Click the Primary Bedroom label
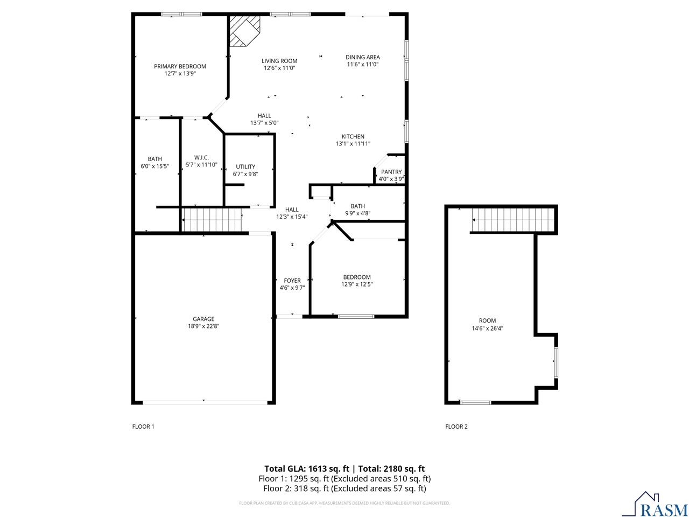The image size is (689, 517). pyautogui.click(x=180, y=66)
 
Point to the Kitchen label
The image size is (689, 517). pyautogui.click(x=353, y=136)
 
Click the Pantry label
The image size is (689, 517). pyautogui.click(x=391, y=172)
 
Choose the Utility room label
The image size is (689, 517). pyautogui.click(x=245, y=166)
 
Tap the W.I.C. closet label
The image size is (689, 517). pyautogui.click(x=201, y=157)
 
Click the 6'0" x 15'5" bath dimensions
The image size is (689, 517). pyautogui.click(x=155, y=166)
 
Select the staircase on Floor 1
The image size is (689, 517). pyautogui.click(x=212, y=220)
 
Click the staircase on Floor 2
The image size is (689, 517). pyautogui.click(x=512, y=219)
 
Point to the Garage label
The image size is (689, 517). pyautogui.click(x=203, y=319)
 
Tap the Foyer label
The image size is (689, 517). pyautogui.click(x=292, y=281)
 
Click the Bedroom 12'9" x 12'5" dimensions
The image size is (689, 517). pyautogui.click(x=357, y=284)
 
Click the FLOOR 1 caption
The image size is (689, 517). pyautogui.click(x=143, y=427)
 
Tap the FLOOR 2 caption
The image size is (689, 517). pyautogui.click(x=456, y=427)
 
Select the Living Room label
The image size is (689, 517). pyautogui.click(x=279, y=61)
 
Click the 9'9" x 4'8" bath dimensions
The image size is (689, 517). pyautogui.click(x=357, y=213)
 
